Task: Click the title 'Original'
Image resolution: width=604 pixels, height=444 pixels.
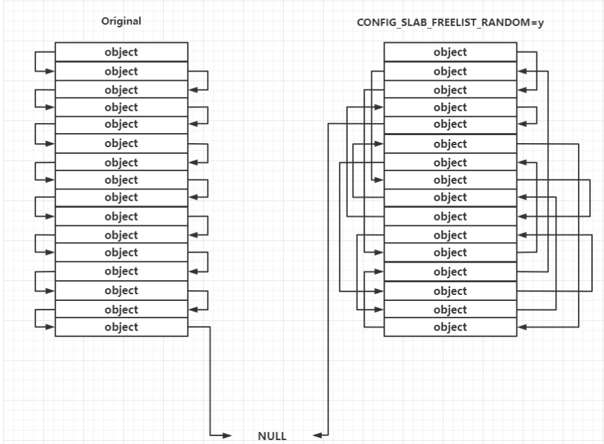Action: tap(121, 21)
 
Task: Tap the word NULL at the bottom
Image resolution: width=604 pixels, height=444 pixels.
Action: tap(272, 437)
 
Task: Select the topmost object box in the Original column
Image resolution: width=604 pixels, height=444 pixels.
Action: tap(121, 52)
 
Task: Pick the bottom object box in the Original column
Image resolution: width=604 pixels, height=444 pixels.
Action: tap(121, 327)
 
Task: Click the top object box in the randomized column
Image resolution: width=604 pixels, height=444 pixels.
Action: tap(450, 52)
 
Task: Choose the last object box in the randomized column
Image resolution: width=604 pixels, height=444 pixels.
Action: tap(450, 327)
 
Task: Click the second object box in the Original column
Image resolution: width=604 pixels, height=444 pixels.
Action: tap(121, 71)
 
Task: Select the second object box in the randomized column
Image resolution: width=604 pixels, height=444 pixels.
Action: tap(450, 71)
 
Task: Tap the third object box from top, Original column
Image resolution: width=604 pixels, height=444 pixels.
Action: tap(121, 90)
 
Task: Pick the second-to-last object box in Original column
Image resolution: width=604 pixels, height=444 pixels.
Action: tap(121, 310)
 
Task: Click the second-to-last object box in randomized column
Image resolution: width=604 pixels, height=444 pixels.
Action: tap(450, 310)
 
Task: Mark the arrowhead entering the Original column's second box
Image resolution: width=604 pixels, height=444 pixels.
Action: tap(50, 71)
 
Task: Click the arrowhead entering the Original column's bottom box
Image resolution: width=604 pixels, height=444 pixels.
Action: tap(50, 327)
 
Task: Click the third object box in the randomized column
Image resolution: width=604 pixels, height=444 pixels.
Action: tap(450, 90)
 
